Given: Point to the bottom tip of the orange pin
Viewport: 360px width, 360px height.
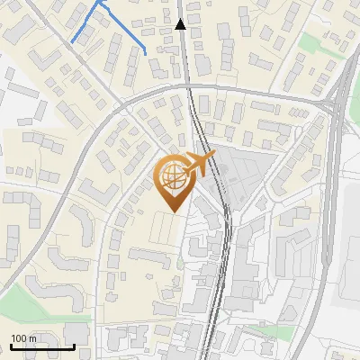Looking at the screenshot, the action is (x=173, y=212).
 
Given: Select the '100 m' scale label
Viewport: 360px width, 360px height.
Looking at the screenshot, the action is (x=24, y=338).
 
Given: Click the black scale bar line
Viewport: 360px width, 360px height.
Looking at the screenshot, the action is (x=41, y=346).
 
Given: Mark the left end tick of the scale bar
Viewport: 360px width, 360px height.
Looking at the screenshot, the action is (x=10, y=345).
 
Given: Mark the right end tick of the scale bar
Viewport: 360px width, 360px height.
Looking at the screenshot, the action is (x=74, y=345).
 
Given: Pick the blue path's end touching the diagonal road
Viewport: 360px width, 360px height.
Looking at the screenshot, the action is (x=73, y=41).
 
